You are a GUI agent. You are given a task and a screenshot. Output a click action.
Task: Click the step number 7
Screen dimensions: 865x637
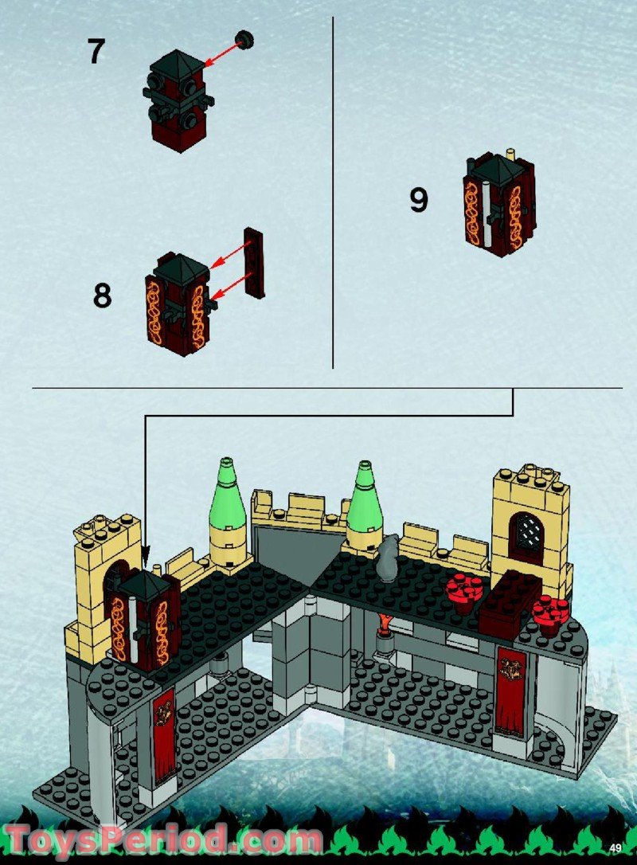point(96,51)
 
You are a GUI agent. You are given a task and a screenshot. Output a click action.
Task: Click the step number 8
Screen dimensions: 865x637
point(102,296)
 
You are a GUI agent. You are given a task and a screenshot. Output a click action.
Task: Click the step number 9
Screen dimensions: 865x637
point(419,199)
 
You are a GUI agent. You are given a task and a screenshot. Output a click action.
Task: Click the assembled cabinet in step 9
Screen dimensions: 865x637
point(498,203)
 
